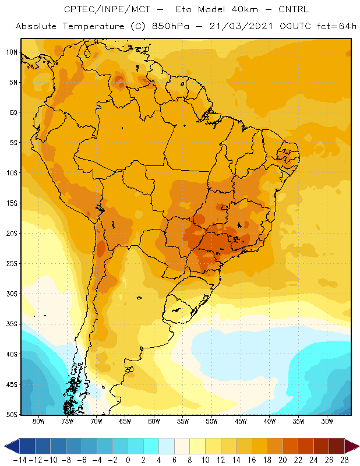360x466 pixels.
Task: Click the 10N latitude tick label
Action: point(12,52)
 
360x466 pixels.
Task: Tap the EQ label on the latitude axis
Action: point(13,112)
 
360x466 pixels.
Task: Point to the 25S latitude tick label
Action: point(12,264)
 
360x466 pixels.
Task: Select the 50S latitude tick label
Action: point(12,415)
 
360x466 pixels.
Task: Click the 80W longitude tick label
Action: point(38,421)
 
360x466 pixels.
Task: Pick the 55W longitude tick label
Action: point(183,421)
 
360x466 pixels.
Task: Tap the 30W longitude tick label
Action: point(327,421)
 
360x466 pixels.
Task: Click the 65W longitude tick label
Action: point(125,421)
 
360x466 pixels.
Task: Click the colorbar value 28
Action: point(344,460)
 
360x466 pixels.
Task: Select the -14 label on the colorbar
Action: point(20,460)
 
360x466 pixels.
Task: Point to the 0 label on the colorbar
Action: point(128,460)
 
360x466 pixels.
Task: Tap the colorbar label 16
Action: point(252,460)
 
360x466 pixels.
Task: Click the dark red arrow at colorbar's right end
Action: point(352,446)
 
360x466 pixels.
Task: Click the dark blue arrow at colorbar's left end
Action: point(12,446)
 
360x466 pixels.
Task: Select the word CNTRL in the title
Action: point(294,9)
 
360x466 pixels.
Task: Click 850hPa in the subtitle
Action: point(170,26)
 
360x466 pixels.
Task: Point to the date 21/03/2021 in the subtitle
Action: point(241,26)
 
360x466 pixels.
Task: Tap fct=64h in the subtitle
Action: point(337,26)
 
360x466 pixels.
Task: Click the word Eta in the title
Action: point(183,9)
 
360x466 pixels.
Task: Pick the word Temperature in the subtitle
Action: point(94,27)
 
